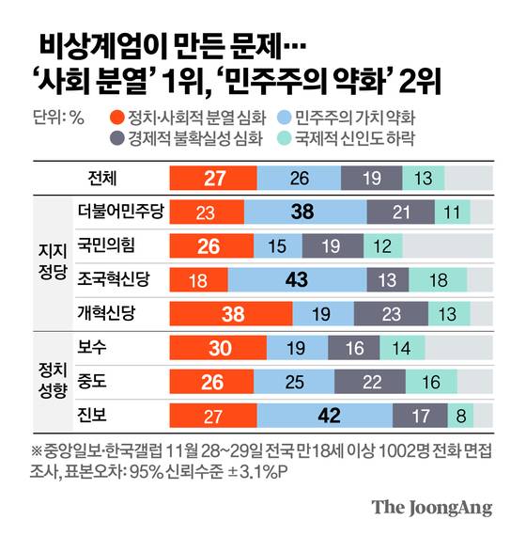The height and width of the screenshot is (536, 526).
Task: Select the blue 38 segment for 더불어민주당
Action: point(302,213)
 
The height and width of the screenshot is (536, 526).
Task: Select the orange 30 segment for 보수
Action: point(220,348)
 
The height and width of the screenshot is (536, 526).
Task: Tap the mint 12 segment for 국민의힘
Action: point(383,246)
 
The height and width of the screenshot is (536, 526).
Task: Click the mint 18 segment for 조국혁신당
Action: point(442,279)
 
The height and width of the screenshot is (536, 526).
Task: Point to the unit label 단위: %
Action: point(58,119)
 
